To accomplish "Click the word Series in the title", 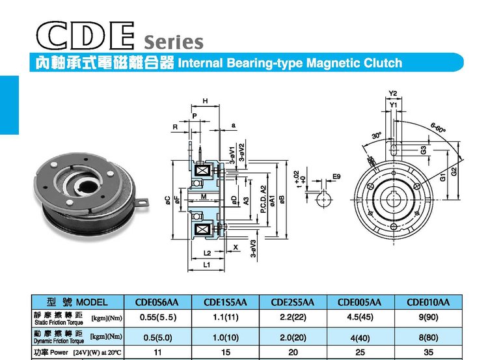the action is (174, 42).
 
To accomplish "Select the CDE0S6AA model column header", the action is (157, 302).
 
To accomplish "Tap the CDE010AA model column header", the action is (428, 302).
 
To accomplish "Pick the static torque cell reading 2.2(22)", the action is (293, 317).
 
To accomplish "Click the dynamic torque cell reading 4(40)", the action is (360, 338).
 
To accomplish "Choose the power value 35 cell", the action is (428, 352).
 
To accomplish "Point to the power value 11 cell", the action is (157, 352).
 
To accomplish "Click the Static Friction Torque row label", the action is (59, 322).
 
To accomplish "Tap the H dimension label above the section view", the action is (205, 101).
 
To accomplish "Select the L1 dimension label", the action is (207, 265).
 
